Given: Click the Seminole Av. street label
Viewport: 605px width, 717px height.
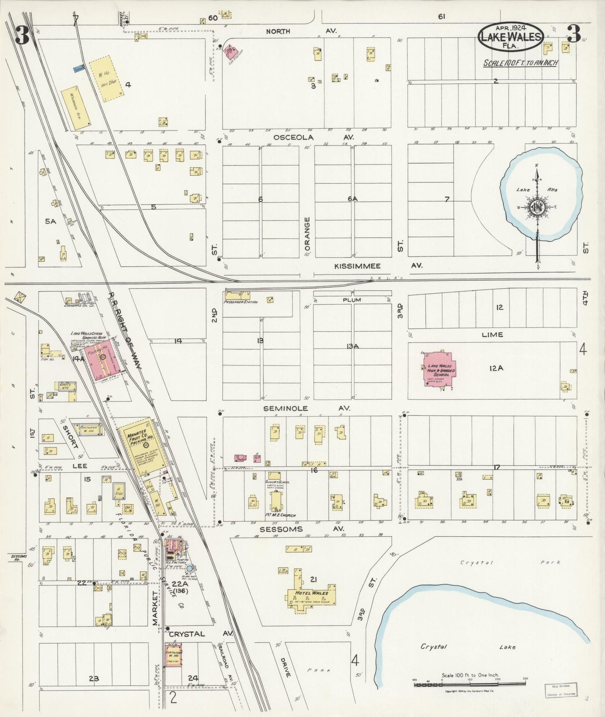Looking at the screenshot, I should pos(306,408).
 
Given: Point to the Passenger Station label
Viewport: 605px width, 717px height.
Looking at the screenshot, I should pos(241,302).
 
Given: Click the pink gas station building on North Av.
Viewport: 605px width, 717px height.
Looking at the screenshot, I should pos(230,52).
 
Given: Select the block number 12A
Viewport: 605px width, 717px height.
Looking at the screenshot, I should pos(495,368).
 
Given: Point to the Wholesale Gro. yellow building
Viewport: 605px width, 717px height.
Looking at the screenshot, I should pos(76,108).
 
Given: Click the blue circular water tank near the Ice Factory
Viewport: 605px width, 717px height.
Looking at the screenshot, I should pos(190,569).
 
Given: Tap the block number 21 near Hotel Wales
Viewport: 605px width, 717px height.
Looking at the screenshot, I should pos(313,579).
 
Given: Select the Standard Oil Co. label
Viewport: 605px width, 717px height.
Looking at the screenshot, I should pos(80,305).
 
